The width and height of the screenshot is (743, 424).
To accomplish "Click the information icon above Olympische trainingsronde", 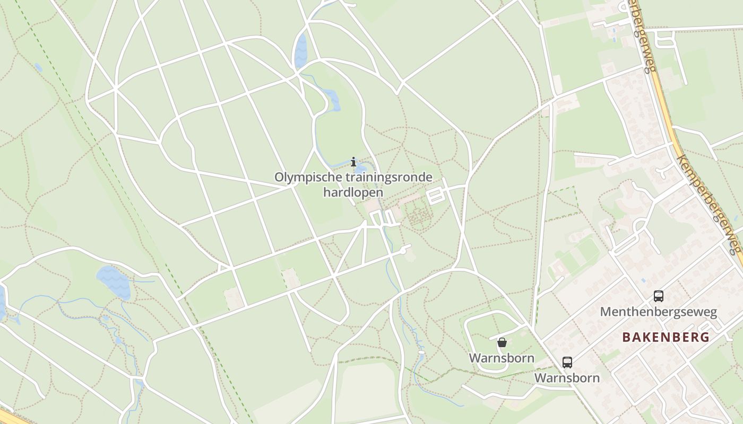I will (x=354, y=162).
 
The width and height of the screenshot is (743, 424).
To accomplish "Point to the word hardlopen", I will (x=353, y=192).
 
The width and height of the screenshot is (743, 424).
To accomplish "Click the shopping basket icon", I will (x=502, y=342).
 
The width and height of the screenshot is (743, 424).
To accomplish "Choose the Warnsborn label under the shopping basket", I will (x=502, y=358).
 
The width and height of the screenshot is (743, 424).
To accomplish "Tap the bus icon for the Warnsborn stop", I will (x=567, y=363).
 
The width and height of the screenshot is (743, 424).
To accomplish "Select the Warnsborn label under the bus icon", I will (x=567, y=378).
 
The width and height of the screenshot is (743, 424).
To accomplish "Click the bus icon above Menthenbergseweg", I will (x=659, y=296).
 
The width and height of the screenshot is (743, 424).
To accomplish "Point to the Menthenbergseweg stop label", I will (x=659, y=312).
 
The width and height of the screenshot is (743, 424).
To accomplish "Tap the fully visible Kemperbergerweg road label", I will (x=709, y=205).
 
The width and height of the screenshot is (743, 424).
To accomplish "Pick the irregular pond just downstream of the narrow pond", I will (x=332, y=99).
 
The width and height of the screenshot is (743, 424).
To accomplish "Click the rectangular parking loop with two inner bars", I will (x=435, y=196).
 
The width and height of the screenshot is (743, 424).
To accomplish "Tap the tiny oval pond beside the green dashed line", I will (x=38, y=67).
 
